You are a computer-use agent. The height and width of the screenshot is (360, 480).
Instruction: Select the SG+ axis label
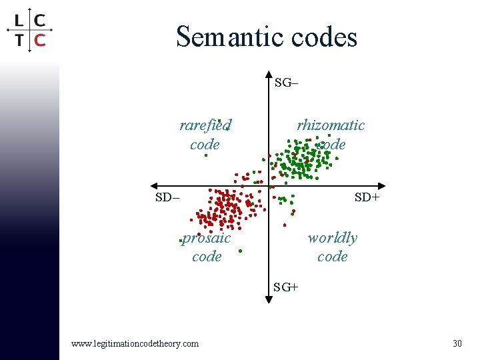pos(286,287)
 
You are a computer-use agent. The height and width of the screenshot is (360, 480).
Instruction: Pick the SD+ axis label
pos(367,197)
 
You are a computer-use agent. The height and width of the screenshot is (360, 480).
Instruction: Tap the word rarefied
pos(205,125)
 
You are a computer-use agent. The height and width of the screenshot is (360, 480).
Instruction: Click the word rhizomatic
pos(331,125)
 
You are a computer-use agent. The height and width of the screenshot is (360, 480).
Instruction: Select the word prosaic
pos(207,238)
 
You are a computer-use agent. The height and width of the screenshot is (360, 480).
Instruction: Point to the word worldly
pos(332,238)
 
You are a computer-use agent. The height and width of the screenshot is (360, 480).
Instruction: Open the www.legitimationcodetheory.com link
pos(135,343)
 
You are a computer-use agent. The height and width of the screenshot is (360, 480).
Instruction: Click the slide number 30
pos(457,343)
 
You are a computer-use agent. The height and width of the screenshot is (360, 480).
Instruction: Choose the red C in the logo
pos(40,40)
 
